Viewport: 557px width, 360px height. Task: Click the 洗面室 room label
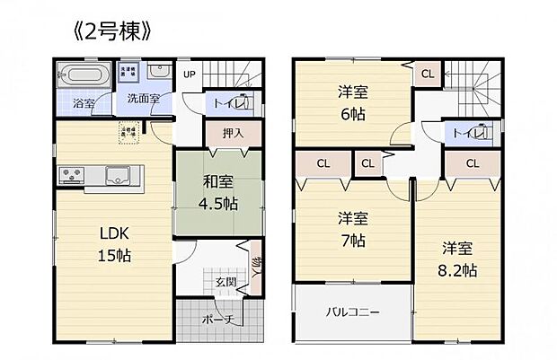coord(143,99)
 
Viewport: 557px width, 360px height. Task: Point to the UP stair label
coord(190,75)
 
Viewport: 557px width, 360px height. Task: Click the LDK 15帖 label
coord(114,245)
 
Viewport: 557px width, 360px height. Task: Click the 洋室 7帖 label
coord(351,228)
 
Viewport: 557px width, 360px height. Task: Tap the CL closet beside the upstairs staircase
coord(427,74)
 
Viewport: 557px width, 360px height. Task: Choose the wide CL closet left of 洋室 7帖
coord(322,163)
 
